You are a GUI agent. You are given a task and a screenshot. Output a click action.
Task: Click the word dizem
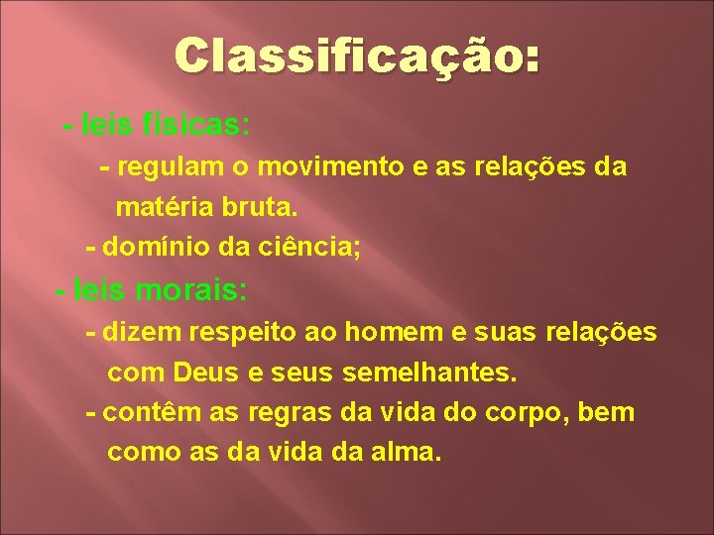(x=134, y=333)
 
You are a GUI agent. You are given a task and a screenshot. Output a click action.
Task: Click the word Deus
(x=209, y=374)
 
